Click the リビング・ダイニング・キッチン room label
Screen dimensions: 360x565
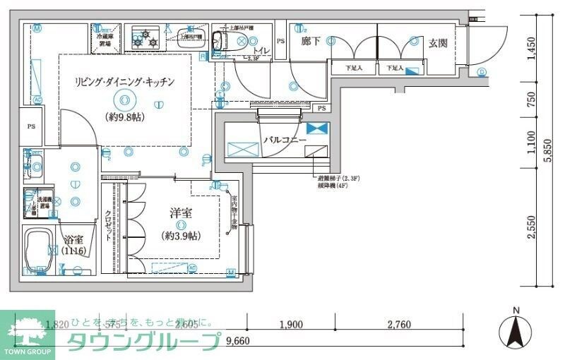click(x=124, y=83)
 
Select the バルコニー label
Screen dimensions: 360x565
click(x=285, y=140)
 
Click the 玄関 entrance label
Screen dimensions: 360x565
click(x=438, y=43)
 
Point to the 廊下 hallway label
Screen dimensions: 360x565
click(x=311, y=42)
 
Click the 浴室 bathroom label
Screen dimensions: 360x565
click(x=73, y=240)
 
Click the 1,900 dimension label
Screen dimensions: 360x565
click(x=291, y=325)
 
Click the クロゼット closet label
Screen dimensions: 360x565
click(x=109, y=226)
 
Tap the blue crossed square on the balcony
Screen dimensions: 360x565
click(x=318, y=128)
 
